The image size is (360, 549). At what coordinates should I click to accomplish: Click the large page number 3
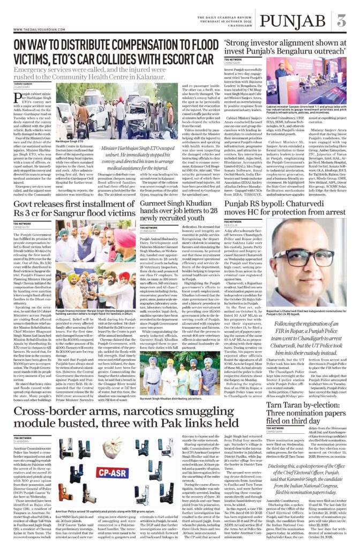[x=341, y=22]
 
